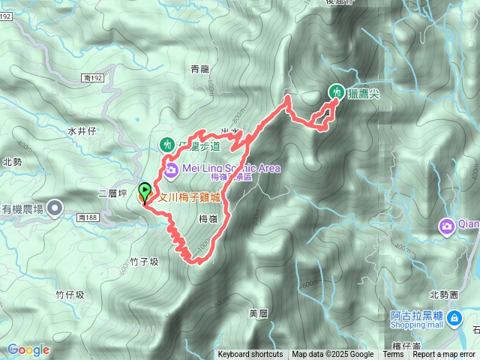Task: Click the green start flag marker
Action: pyautogui.click(x=144, y=192)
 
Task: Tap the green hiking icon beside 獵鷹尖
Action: pyautogui.click(x=337, y=91)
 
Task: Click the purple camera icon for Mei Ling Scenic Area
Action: pyautogui.click(x=171, y=169)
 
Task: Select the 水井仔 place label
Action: pyautogui.click(x=83, y=130)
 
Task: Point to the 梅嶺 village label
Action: pyautogui.click(x=208, y=218)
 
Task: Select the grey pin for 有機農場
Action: pyautogui.click(x=55, y=209)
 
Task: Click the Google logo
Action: pyautogui.click(x=28, y=349)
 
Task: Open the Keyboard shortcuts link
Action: pyautogui.click(x=250, y=355)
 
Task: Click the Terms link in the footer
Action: pyautogui.click(x=394, y=355)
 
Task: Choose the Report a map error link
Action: pyautogui.click(x=444, y=355)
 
